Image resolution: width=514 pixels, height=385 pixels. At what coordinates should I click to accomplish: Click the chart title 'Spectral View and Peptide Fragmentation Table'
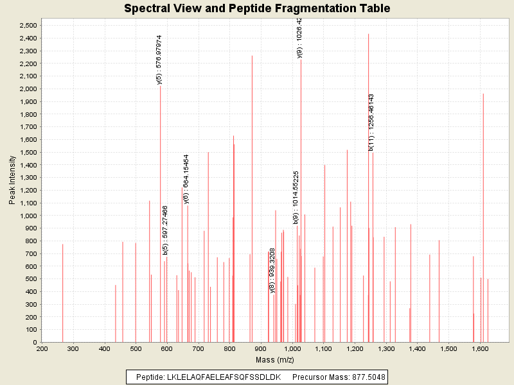pos(257,8)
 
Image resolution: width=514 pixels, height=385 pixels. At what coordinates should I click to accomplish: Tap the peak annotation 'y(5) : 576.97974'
pos(159,60)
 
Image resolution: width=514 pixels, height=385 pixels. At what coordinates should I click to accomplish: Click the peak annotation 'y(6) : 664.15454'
pos(186,178)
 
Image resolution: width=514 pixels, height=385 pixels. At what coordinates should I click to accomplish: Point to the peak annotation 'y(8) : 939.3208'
pos(272,269)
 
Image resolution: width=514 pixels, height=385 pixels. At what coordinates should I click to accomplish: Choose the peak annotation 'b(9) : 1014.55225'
pos(296,197)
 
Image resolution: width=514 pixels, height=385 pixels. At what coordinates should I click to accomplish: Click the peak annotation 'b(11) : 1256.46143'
pos(371,122)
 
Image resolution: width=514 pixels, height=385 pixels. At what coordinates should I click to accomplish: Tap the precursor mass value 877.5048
pos(366,377)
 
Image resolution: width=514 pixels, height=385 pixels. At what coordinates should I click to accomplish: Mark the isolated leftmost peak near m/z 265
pos(62,293)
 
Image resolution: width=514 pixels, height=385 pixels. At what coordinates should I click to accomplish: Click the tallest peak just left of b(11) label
pos(368,186)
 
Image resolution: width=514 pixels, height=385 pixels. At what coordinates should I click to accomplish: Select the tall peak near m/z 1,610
pos(483,218)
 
